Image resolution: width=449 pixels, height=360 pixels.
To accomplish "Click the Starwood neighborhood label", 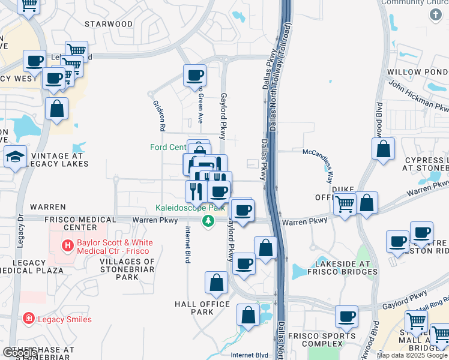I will tap(109, 24).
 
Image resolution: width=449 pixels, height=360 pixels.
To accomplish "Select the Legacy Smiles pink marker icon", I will tap(28, 318).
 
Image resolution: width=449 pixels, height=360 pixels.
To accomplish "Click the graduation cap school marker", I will tap(16, 157).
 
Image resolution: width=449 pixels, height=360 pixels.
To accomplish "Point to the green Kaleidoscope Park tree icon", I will tap(208, 221).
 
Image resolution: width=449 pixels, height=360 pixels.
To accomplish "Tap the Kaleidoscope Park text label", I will tap(185, 208).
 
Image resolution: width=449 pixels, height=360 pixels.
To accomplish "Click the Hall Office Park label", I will tap(202, 308).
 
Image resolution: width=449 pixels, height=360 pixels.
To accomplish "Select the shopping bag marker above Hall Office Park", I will tap(216, 283).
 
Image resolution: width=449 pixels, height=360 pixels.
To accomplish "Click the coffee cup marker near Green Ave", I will tap(195, 76).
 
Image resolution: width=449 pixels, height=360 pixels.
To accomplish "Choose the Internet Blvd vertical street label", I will tap(188, 245).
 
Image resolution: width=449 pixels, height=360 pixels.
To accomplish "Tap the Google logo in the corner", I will tap(19, 353).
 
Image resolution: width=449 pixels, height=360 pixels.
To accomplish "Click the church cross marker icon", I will tap(436, 14).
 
